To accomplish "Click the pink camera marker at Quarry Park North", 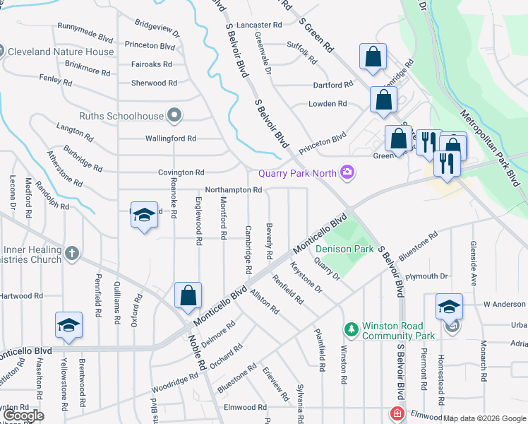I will [x=347, y=172].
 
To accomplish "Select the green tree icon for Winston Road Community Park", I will [x=351, y=329].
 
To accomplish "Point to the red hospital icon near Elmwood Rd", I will [x=397, y=413].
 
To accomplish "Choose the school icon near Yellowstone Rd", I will [x=68, y=324].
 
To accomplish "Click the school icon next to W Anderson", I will [x=449, y=305].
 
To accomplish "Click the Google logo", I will [x=23, y=416].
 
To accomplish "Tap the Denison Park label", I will [x=344, y=249].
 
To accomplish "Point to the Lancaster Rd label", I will [x=259, y=24].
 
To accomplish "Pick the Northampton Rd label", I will [x=233, y=190].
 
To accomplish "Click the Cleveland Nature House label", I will [x=60, y=52].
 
